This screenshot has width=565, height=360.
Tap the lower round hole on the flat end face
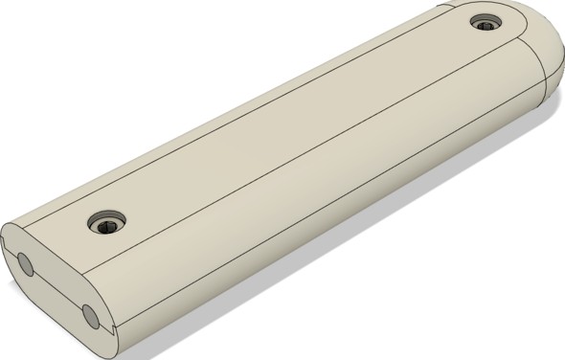pos(91,314)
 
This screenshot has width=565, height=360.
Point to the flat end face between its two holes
pos(57,287)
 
